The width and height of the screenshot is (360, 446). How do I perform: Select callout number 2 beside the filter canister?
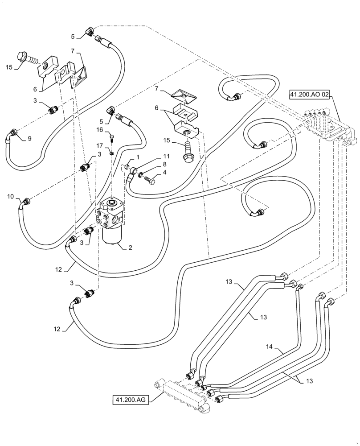coord(130,247)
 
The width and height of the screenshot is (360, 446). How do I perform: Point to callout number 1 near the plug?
coord(138,157)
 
